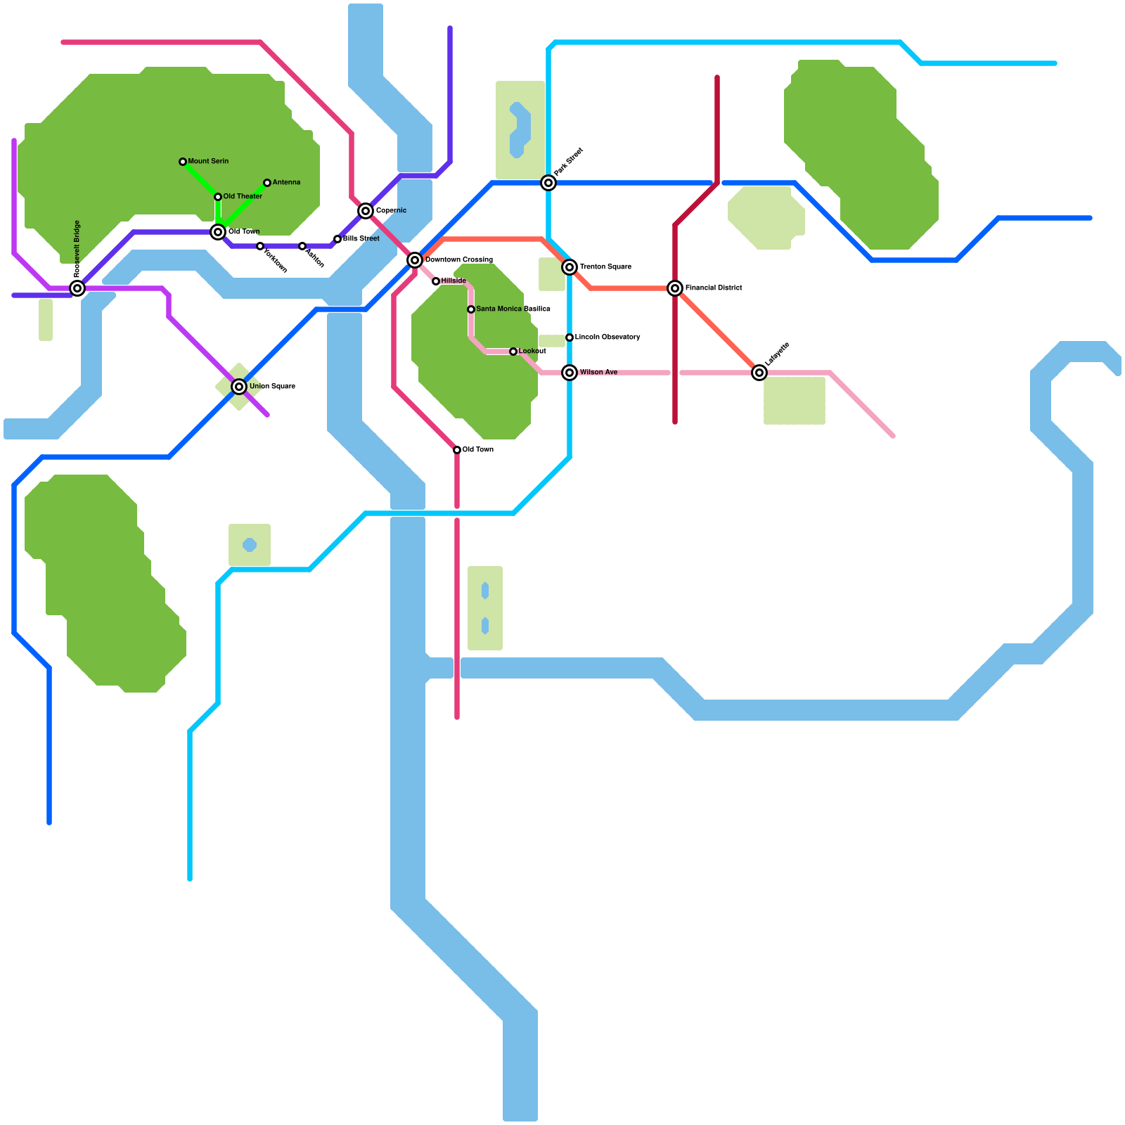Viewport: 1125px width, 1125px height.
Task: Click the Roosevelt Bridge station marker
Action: tap(77, 288)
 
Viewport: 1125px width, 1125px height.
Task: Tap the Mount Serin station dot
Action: tap(183, 162)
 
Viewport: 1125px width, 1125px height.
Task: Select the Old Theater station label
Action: tap(243, 197)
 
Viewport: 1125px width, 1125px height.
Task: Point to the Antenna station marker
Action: tap(267, 183)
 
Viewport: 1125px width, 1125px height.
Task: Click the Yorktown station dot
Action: tap(260, 246)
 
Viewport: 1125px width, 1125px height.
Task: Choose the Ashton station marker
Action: tap(302, 246)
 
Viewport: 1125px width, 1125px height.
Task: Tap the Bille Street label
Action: tap(361, 239)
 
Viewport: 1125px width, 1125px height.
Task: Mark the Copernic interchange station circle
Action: tap(366, 211)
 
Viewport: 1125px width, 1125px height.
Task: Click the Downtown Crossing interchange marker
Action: tap(415, 260)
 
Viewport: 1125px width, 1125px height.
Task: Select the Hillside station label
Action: tap(454, 281)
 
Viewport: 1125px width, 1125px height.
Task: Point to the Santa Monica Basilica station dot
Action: tap(471, 309)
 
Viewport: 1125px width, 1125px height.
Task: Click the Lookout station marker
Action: tap(513, 352)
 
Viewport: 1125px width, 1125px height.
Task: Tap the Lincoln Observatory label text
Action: tap(607, 337)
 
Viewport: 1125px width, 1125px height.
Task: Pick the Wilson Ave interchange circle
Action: tap(570, 373)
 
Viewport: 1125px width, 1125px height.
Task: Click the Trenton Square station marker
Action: tap(570, 267)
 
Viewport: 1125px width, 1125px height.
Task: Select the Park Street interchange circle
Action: tap(548, 183)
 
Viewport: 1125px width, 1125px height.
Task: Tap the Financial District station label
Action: tap(714, 288)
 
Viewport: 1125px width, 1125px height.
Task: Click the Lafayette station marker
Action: tap(759, 373)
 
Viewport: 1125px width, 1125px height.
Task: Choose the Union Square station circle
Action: tap(239, 387)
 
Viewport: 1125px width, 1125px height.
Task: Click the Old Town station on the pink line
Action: tap(457, 450)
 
